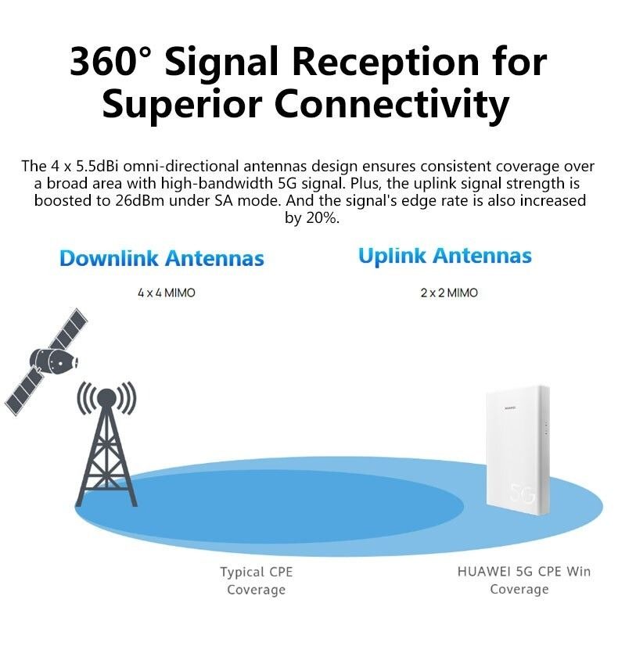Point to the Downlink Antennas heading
click(162, 258)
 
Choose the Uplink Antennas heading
click(444, 256)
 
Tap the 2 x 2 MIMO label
click(448, 293)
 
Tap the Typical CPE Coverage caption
click(256, 580)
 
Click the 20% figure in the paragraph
click(320, 217)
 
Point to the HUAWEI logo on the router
click(512, 407)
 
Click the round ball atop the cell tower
click(106, 397)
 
